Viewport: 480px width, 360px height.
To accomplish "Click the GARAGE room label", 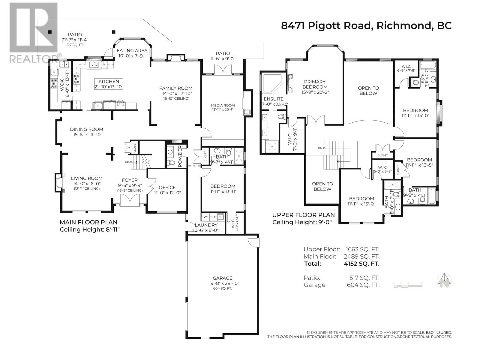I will click(x=222, y=278).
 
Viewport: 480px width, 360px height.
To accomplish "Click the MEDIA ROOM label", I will click(x=223, y=105).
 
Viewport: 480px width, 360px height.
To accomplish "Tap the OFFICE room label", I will click(x=167, y=187).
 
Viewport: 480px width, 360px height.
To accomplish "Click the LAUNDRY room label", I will click(x=206, y=225).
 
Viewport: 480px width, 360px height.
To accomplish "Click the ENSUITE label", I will click(x=273, y=99).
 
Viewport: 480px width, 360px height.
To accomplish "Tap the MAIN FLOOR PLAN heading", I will click(x=88, y=222).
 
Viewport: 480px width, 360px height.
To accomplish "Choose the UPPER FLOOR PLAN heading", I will click(x=303, y=215).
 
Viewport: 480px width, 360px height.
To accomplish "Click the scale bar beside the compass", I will click(x=409, y=284).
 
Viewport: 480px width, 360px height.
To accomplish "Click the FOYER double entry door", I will click(x=130, y=200).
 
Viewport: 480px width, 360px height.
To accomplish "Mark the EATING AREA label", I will click(x=132, y=50).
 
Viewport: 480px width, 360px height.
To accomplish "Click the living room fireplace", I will click(x=58, y=182).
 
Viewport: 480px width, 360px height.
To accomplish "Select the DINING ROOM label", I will click(x=86, y=129).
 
